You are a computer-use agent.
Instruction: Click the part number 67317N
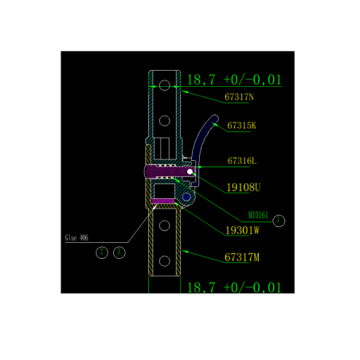(x=239, y=98)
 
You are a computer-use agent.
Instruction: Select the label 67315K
(x=241, y=126)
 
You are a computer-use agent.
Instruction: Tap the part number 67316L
(x=242, y=161)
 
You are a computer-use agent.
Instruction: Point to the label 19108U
(x=244, y=187)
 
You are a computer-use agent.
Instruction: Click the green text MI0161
(x=259, y=215)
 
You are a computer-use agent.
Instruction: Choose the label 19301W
(x=242, y=230)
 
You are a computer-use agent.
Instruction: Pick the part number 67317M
(x=242, y=257)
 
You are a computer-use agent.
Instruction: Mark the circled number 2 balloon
(x=101, y=252)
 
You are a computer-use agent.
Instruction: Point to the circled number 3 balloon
(x=119, y=252)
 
